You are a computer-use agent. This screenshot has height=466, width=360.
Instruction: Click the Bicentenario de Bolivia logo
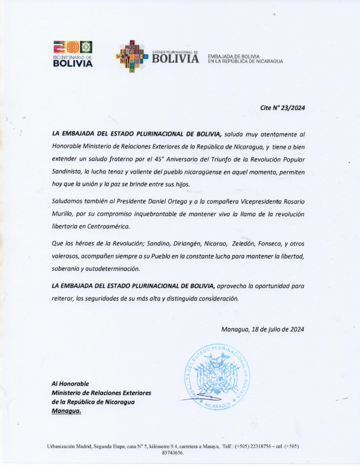[73, 54]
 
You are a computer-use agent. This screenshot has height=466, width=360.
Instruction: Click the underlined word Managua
[66, 411]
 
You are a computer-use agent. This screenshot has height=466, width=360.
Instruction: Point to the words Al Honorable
[70, 383]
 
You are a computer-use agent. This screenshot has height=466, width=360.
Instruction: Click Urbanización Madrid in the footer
[68, 447]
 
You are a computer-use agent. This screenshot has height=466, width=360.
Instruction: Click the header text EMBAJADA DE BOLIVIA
[234, 57]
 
